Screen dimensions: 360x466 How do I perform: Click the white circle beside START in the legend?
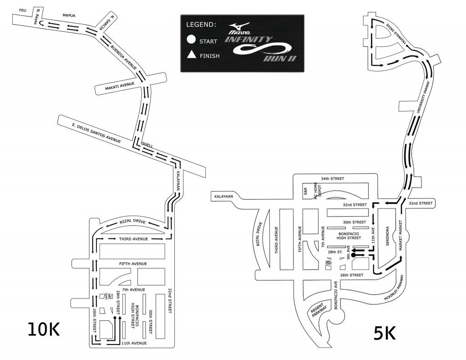click(192, 40)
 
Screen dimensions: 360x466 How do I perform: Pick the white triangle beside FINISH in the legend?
click(192, 56)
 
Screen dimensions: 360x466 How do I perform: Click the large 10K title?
click(44, 329)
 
